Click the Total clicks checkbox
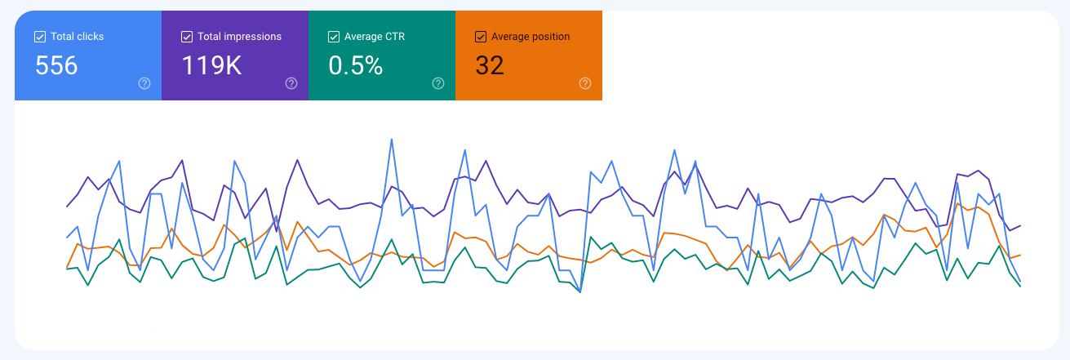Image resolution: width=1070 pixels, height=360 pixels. (40, 37)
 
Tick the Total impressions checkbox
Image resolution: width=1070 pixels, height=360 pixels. (187, 37)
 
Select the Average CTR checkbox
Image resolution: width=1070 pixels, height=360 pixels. (334, 37)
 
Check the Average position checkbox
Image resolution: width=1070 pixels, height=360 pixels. (481, 37)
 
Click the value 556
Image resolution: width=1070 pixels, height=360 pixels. (56, 65)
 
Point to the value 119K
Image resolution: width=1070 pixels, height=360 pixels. (211, 65)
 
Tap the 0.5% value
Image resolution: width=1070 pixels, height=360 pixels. (356, 65)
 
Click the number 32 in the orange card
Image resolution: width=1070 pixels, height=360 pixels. (490, 65)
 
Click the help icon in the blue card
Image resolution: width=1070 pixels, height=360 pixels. (144, 83)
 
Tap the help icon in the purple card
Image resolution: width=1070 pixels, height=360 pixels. (291, 83)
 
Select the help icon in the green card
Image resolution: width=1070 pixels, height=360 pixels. (438, 83)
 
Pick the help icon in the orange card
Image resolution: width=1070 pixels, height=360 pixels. (585, 83)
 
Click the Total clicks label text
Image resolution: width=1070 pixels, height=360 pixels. (77, 37)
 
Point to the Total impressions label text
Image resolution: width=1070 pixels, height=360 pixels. (239, 37)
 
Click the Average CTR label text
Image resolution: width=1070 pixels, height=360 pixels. (375, 37)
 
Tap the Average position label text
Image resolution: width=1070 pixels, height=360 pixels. (531, 37)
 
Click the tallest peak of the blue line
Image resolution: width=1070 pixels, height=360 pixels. (393, 139)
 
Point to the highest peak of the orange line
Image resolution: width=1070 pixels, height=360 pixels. (958, 198)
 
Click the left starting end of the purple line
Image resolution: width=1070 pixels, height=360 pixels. (67, 207)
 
